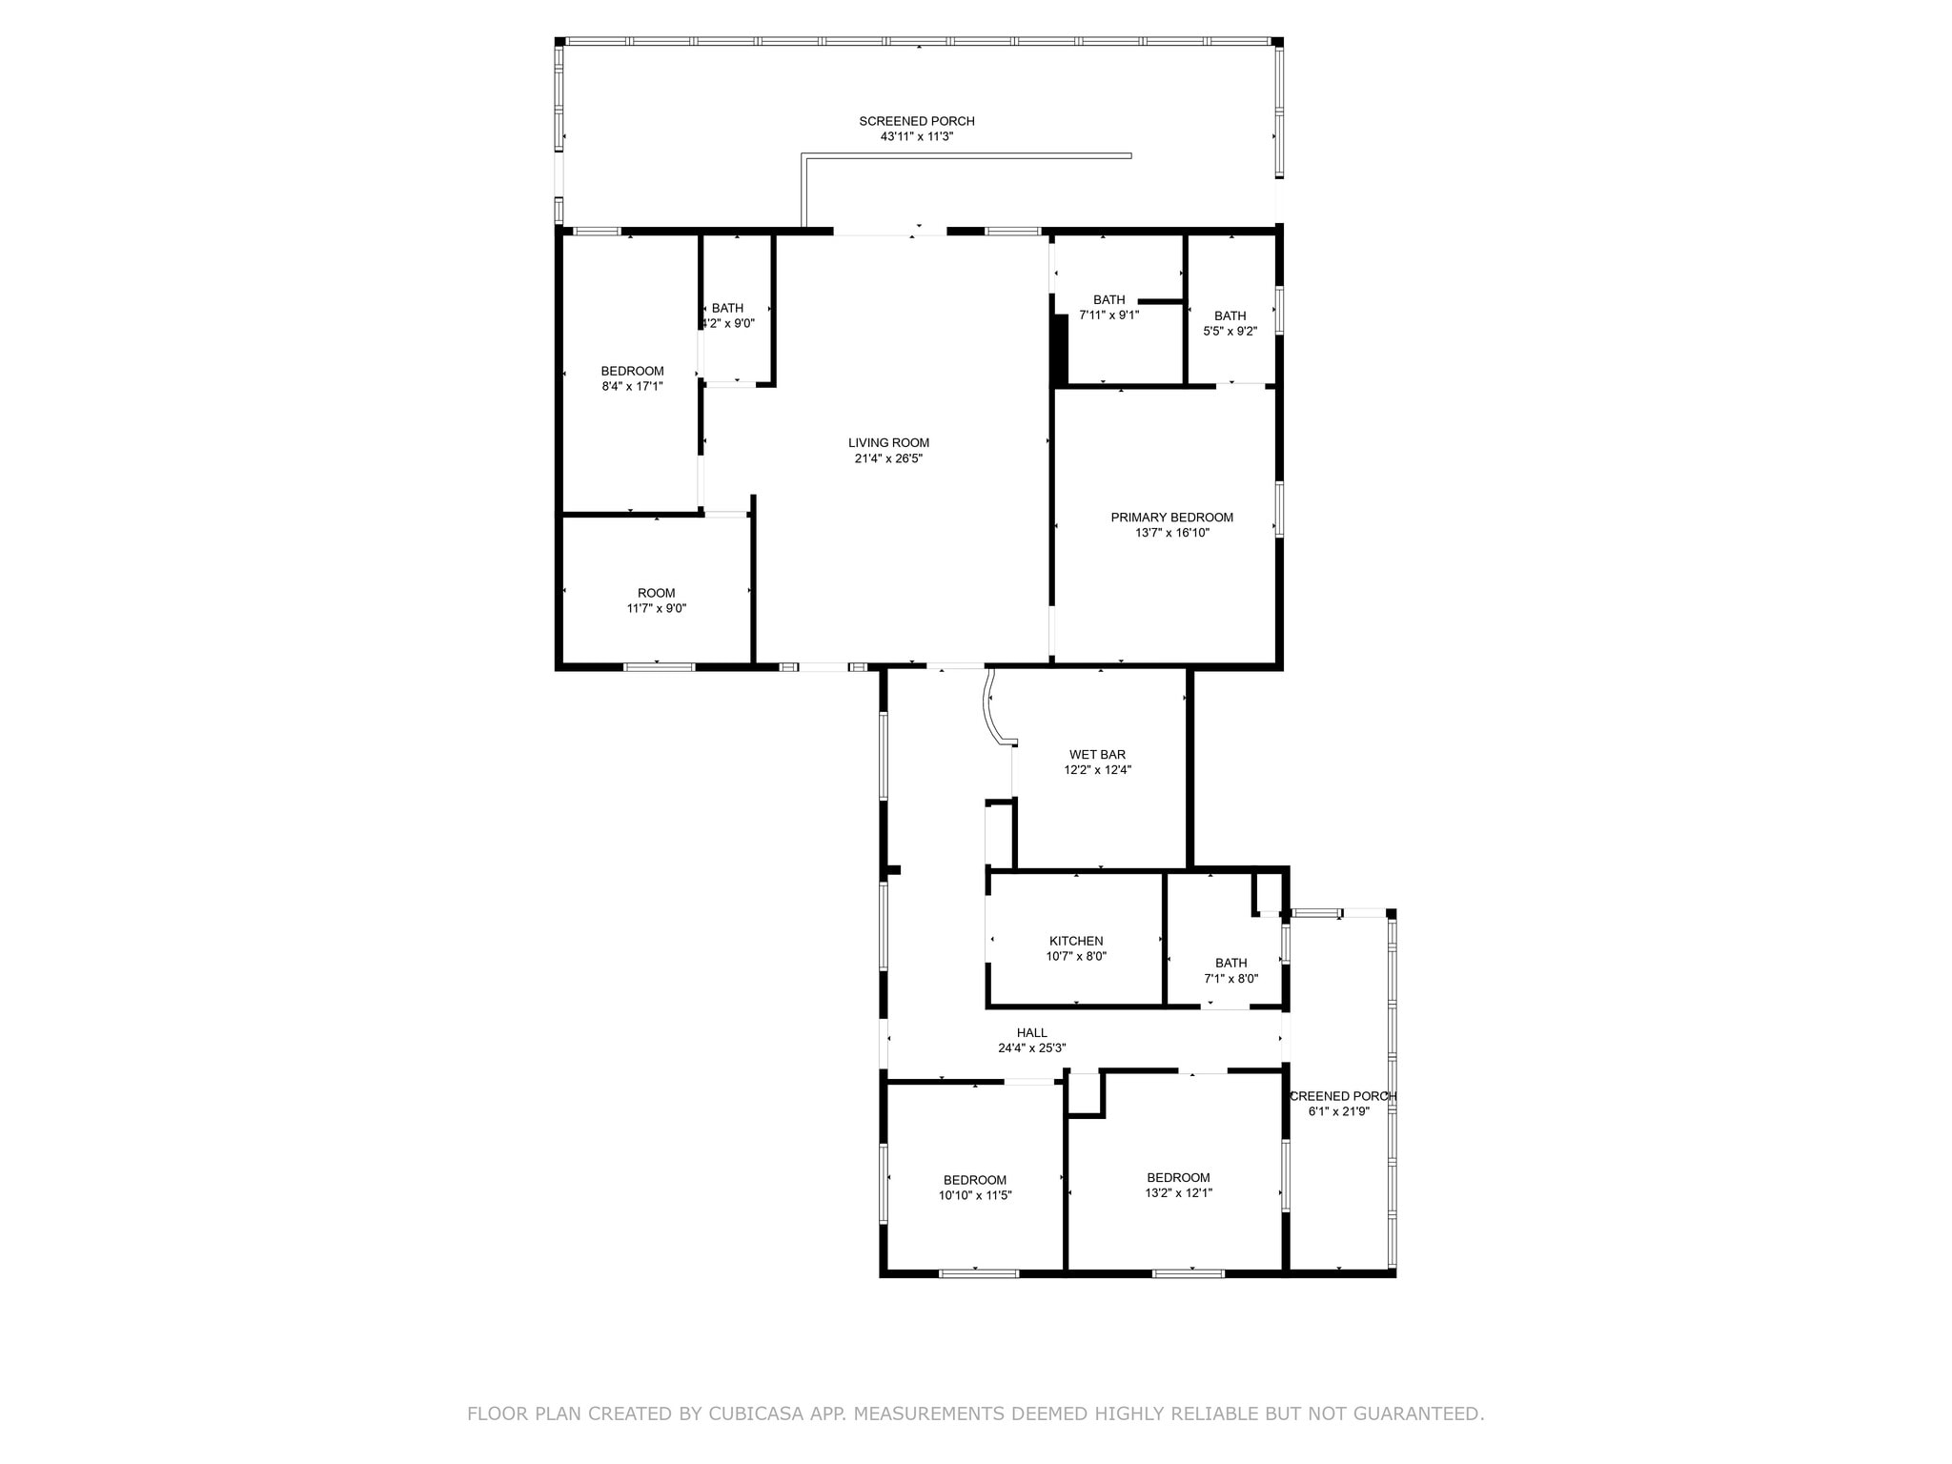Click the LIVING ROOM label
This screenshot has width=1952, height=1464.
[888, 443]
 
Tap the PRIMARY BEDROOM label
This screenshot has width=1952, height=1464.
[1171, 518]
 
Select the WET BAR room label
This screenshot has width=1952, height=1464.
[1097, 755]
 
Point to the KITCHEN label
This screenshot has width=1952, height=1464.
[1076, 941]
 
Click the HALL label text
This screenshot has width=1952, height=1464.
[1031, 1032]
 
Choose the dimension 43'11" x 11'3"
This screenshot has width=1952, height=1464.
[916, 136]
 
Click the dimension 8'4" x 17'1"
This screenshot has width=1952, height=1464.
[632, 387]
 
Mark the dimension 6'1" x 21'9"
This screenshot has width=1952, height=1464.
[1338, 1111]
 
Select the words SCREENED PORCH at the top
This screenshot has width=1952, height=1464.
[916, 121]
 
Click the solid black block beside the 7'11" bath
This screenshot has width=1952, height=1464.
[1059, 349]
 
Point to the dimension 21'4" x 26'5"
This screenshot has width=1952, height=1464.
[888, 458]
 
